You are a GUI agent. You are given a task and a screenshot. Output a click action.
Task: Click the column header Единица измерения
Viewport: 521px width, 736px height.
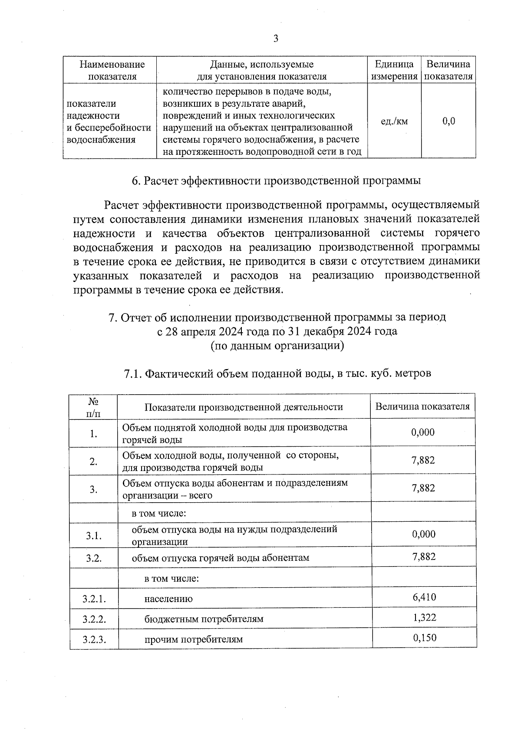click(394, 70)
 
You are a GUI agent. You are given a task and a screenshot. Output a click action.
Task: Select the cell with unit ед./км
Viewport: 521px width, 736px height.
click(394, 121)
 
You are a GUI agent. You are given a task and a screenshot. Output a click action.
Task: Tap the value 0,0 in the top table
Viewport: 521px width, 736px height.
click(448, 121)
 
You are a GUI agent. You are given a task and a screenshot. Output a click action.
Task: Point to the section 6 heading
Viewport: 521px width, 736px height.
click(276, 180)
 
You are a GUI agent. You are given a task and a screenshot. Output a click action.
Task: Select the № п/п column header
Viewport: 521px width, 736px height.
click(93, 407)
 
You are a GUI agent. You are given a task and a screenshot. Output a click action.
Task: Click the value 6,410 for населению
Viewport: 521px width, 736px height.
click(424, 597)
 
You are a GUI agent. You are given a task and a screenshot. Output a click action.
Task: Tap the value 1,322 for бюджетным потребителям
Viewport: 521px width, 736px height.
click(424, 618)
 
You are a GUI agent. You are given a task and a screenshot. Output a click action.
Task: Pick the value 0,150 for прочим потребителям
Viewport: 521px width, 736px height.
click(425, 638)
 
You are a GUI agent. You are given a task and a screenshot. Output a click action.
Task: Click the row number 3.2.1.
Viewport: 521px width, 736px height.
click(94, 599)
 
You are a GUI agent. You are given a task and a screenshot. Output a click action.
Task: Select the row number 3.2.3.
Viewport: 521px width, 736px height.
click(94, 639)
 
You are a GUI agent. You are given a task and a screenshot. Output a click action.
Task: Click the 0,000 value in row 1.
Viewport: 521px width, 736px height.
click(423, 432)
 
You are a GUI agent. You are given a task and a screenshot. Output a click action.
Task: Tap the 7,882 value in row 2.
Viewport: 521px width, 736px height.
click(423, 460)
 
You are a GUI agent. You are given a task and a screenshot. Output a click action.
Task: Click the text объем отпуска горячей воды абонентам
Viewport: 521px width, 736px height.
click(221, 558)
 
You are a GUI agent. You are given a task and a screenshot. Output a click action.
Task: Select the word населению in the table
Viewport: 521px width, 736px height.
click(168, 599)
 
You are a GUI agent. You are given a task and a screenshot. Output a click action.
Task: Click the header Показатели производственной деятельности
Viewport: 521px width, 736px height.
click(244, 407)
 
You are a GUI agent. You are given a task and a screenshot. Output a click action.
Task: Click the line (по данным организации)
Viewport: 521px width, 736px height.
click(277, 346)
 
